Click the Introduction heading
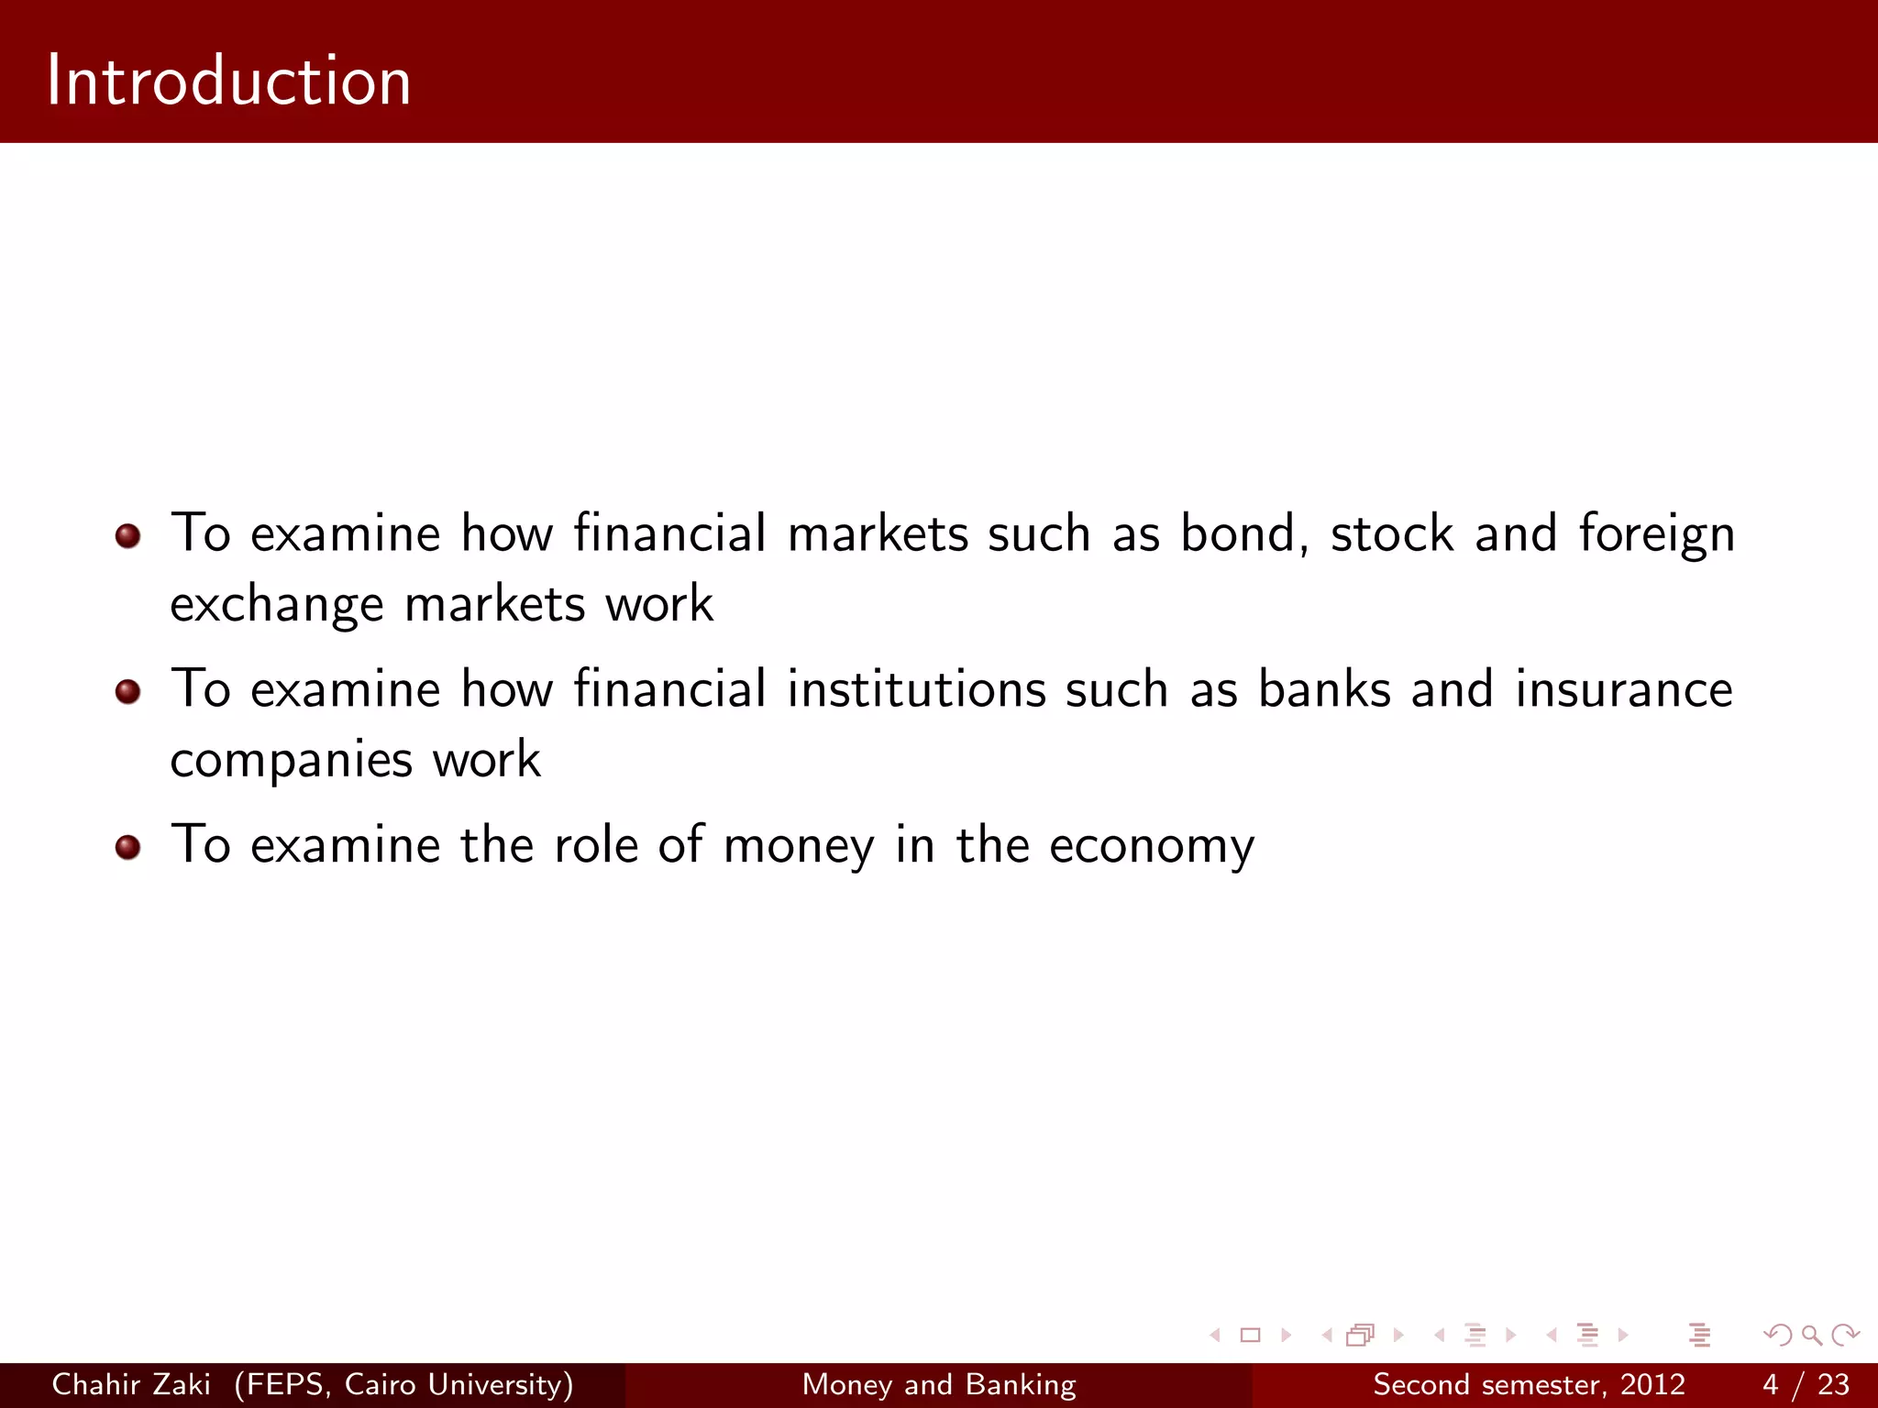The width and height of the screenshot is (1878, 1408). (228, 81)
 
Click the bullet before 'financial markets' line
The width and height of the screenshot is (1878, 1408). (128, 536)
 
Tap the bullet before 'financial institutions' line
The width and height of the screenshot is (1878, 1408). (128, 692)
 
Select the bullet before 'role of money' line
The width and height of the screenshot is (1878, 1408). (128, 848)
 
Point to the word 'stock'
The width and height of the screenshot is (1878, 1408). (1391, 534)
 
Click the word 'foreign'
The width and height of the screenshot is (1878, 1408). (1656, 534)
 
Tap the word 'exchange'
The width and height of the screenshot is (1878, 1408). (276, 606)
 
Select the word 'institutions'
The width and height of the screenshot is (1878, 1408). (916, 688)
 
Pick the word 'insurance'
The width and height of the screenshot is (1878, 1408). (1623, 688)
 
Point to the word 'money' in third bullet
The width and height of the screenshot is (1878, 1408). (799, 846)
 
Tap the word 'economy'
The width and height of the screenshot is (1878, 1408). (1152, 846)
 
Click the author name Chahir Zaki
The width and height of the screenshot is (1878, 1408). (131, 1384)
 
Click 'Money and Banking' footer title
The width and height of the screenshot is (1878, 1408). (939, 1384)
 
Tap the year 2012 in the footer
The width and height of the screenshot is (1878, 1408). (1652, 1384)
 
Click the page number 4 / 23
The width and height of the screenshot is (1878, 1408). (1806, 1384)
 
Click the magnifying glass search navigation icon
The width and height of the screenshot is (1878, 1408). (1811, 1336)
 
